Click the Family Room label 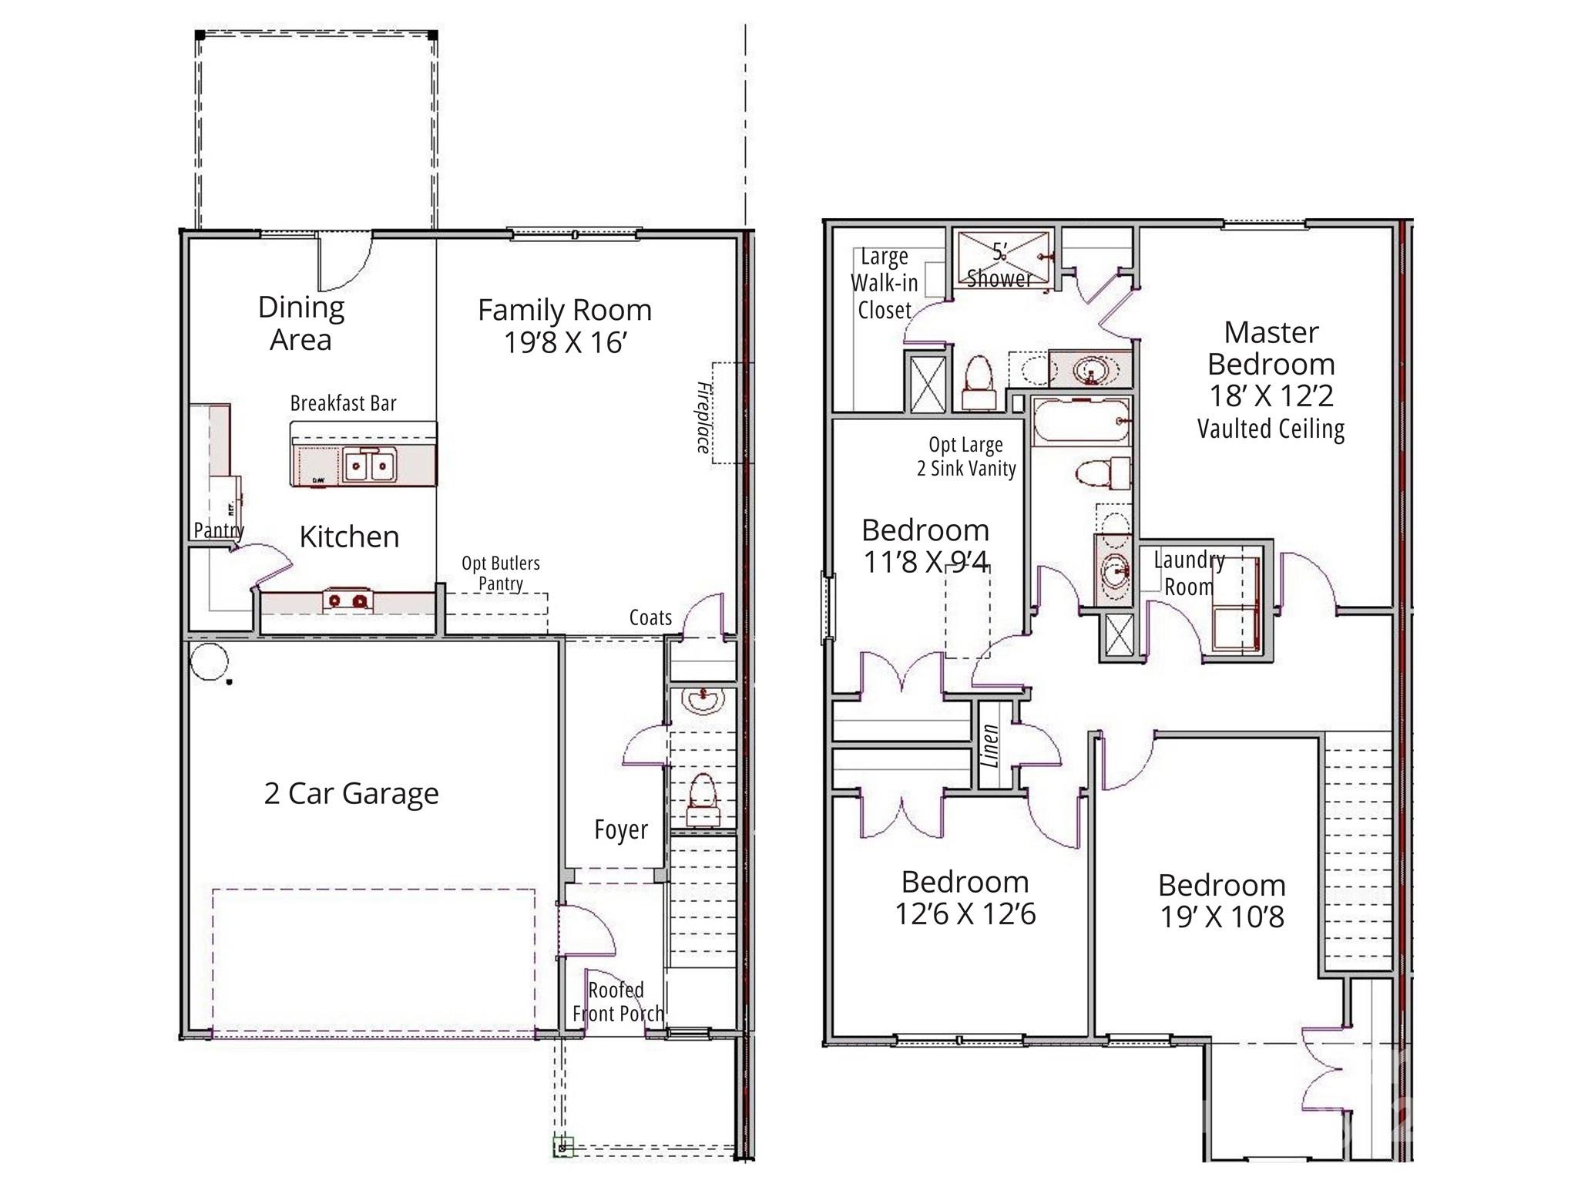tap(564, 311)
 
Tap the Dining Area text tap(300, 323)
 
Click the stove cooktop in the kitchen tap(347, 599)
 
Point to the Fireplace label tap(703, 417)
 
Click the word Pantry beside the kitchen tap(218, 530)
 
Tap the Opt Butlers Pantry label tap(500, 573)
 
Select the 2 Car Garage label tap(351, 793)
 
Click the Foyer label tap(621, 829)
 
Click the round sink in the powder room tap(703, 701)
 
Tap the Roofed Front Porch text tap(617, 1001)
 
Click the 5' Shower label tap(999, 265)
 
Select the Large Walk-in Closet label tap(885, 283)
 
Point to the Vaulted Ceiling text tap(1271, 429)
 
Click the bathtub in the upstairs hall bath tap(1080, 422)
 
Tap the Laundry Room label tap(1189, 573)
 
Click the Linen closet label tap(991, 745)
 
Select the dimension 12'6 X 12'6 tap(965, 914)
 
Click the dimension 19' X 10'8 tap(1222, 917)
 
